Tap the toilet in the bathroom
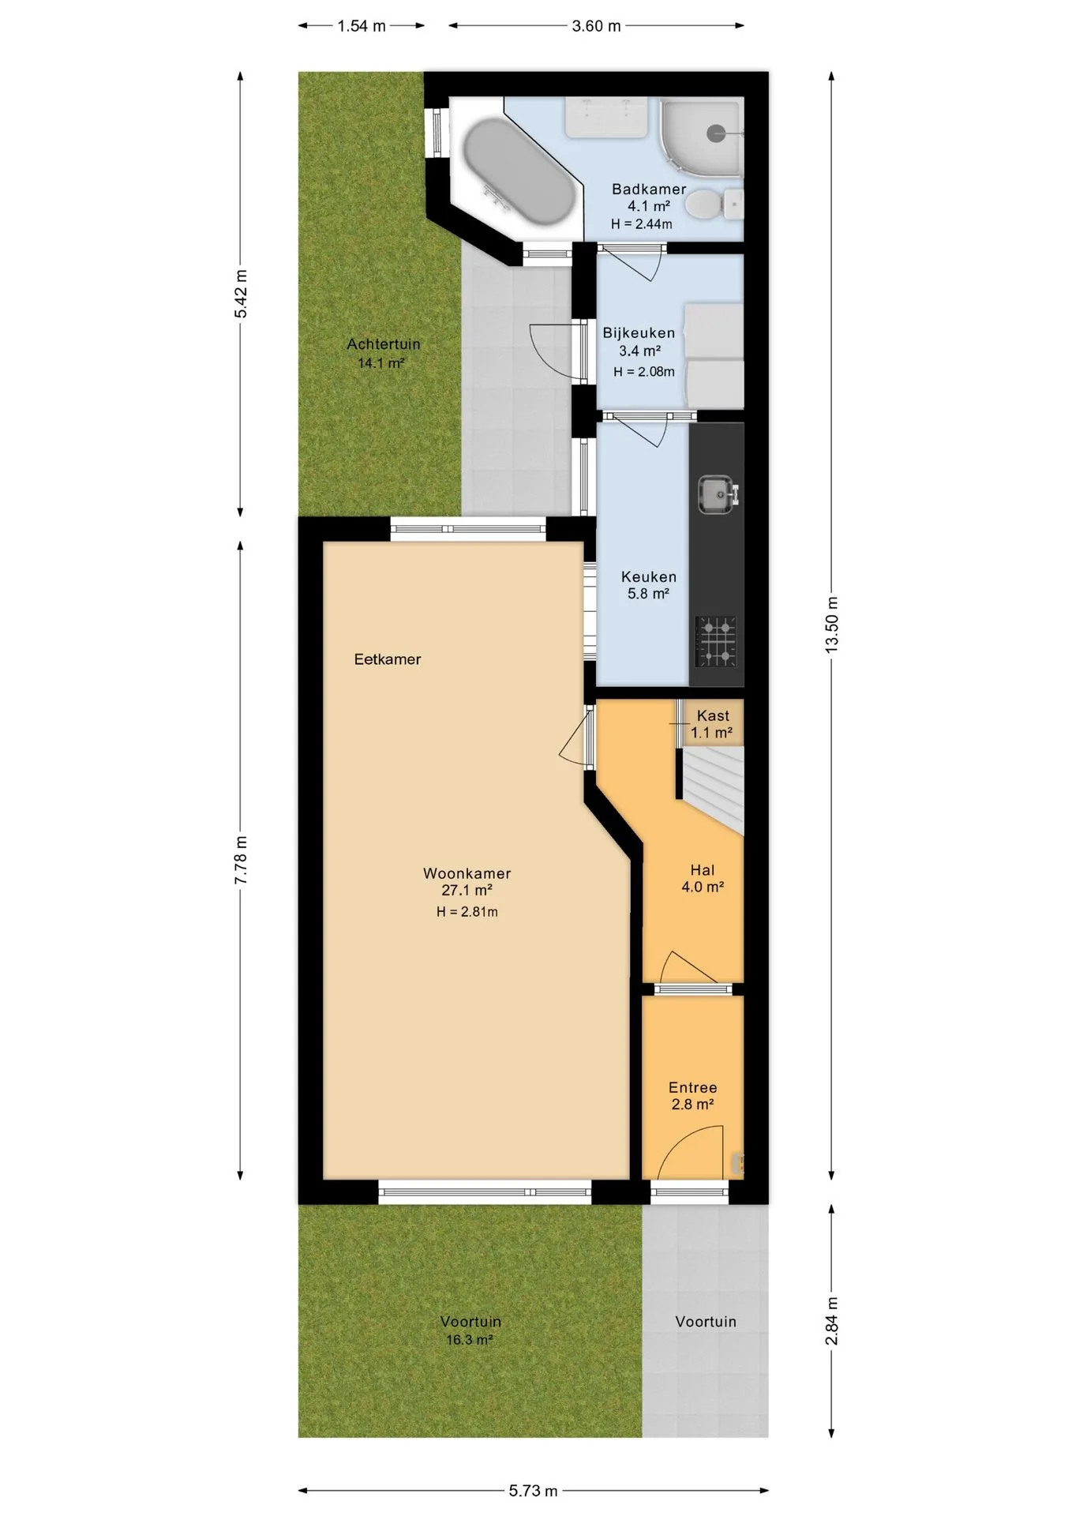pos(714,205)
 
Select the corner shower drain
pos(715,134)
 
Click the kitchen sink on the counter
pos(718,494)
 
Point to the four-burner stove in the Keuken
pos(716,641)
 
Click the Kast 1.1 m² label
pos(712,724)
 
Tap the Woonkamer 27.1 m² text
pos(467,882)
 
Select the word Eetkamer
pos(388,659)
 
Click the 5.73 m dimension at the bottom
pos(534,1491)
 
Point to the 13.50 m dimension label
pos(831,624)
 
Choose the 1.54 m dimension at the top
pos(362,26)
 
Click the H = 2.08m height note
pos(644,372)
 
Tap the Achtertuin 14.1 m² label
pos(383,354)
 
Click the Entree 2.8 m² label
pos(693,1096)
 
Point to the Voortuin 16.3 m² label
pos(470,1330)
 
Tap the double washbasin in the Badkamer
pos(606,117)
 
